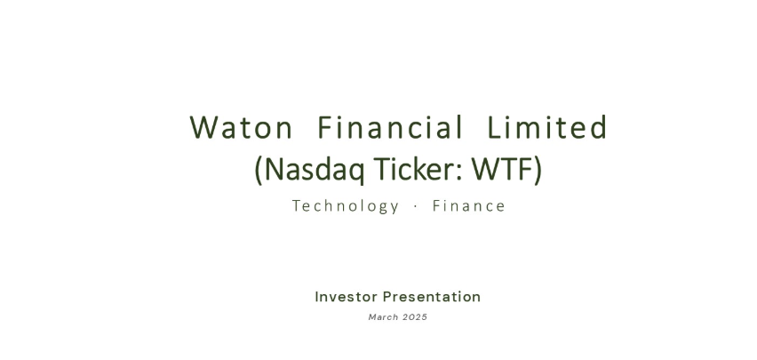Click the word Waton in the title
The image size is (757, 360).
[241, 128]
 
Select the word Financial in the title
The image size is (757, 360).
[390, 127]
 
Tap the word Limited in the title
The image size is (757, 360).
[547, 127]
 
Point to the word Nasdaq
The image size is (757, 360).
[315, 169]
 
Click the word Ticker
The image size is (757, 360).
[414, 168]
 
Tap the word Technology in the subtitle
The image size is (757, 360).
[346, 206]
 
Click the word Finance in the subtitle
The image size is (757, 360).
[469, 206]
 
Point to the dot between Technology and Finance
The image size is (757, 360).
[416, 207]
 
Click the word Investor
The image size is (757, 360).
[346, 297]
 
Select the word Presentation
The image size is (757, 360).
[432, 297]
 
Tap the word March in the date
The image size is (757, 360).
[383, 317]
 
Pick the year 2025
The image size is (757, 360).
[415, 317]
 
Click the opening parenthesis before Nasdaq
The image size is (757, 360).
[259, 170]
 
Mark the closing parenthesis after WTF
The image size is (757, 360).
[538, 170]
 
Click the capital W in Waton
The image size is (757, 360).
[203, 128]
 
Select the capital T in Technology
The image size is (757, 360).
[297, 206]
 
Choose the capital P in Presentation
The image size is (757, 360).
[387, 297]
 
